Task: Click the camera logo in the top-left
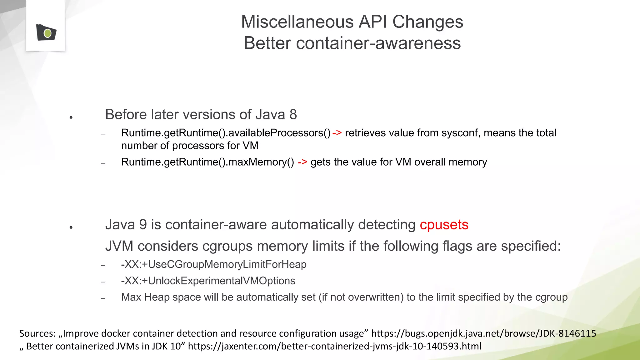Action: [x=46, y=32]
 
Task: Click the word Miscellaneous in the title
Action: [x=297, y=22]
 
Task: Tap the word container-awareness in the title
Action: [x=378, y=43]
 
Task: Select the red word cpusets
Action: [x=444, y=225]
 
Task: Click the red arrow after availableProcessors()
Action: [x=337, y=133]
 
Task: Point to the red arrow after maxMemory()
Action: [x=302, y=162]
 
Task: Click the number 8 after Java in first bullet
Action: [x=293, y=114]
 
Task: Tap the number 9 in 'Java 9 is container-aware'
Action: [x=143, y=225]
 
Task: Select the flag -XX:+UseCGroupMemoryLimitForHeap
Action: [x=214, y=264]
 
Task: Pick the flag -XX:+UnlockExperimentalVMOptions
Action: [x=208, y=281]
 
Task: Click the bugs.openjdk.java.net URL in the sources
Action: [x=483, y=333]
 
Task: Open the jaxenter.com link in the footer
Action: [x=334, y=346]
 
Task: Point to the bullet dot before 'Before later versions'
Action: [x=71, y=117]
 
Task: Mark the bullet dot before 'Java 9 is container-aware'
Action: [x=71, y=227]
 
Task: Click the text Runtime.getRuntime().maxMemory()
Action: [x=207, y=162]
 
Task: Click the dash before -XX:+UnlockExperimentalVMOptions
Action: [x=103, y=282]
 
